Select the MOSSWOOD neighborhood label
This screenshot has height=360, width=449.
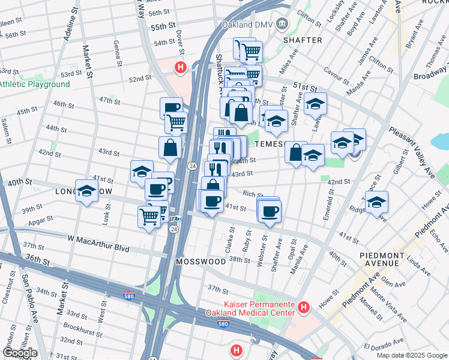pos(200,262)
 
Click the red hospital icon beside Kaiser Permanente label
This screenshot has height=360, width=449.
pos(304,308)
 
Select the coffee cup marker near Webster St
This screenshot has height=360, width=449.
pos(270,211)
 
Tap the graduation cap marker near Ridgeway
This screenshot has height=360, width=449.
pos(376,202)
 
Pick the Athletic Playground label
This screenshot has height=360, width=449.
pos(34,85)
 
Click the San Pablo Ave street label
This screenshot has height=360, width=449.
pos(28,294)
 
